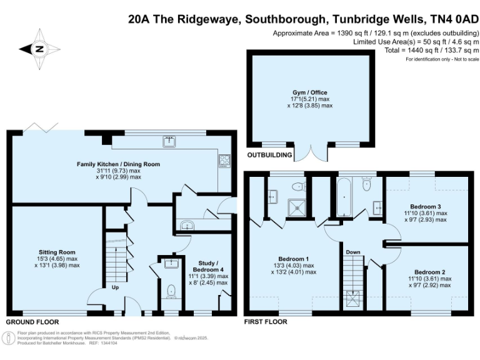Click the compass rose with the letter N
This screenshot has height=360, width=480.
pos(39,49)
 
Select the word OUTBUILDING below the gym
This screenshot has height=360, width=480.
pos(270,154)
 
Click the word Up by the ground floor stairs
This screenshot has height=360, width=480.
pos(114,288)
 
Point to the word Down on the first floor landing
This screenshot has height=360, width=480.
pos(353,252)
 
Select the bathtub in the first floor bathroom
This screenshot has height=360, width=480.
pos(344,198)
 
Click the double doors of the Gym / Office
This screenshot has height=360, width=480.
pos(311,152)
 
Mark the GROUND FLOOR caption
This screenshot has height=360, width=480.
pos(32,322)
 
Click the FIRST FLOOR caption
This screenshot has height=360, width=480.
pos(266,322)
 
